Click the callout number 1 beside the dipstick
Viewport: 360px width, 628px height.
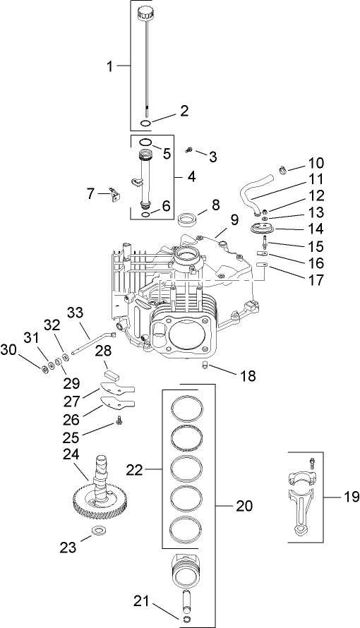tap(110, 66)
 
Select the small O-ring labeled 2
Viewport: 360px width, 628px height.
tap(145, 123)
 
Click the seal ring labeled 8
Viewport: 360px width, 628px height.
tap(188, 217)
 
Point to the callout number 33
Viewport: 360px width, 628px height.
tap(75, 313)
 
